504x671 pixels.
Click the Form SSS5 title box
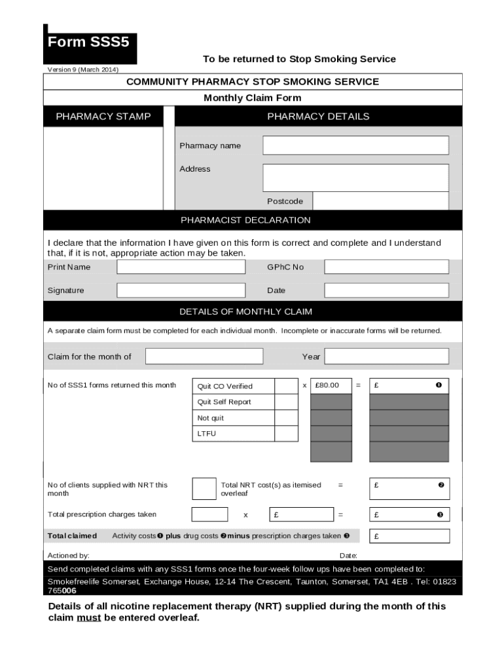tap(90, 43)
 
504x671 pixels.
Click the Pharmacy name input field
tap(355, 145)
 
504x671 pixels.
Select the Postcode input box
tap(381, 201)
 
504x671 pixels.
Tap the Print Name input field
tap(181, 267)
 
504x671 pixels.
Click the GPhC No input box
tap(386, 267)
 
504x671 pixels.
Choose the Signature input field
tap(181, 290)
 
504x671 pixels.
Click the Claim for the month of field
tap(204, 356)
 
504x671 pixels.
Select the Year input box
tap(386, 356)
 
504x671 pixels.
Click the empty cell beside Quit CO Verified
tap(285, 386)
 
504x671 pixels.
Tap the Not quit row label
tap(211, 418)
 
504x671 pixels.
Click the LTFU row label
tap(207, 434)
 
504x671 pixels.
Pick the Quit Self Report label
tap(224, 402)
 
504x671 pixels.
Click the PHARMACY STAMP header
tap(103, 117)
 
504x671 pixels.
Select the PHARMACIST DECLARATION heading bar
tap(246, 220)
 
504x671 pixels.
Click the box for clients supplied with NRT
tap(204, 489)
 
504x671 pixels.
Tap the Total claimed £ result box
tap(409, 536)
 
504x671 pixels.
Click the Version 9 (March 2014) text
tap(83, 69)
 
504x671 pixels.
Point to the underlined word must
tap(89, 617)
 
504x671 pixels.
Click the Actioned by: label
tap(69, 555)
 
